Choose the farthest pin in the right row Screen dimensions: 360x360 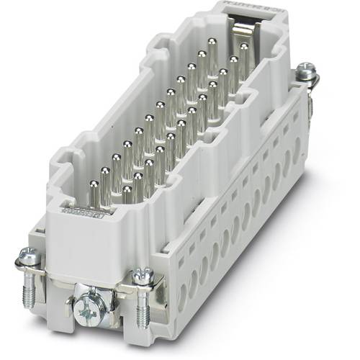tap(245, 50)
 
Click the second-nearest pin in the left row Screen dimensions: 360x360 tap(105, 174)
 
